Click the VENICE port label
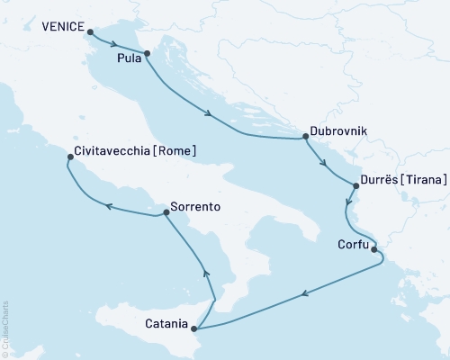coord(62,28)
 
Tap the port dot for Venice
coord(91,31)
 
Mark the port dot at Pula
coord(146,53)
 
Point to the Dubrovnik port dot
coord(306,137)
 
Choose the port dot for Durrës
coord(356,186)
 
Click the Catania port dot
coord(195,328)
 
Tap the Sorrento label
coord(195,206)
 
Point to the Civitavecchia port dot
coord(70,157)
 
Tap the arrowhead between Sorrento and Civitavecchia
coord(109,207)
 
